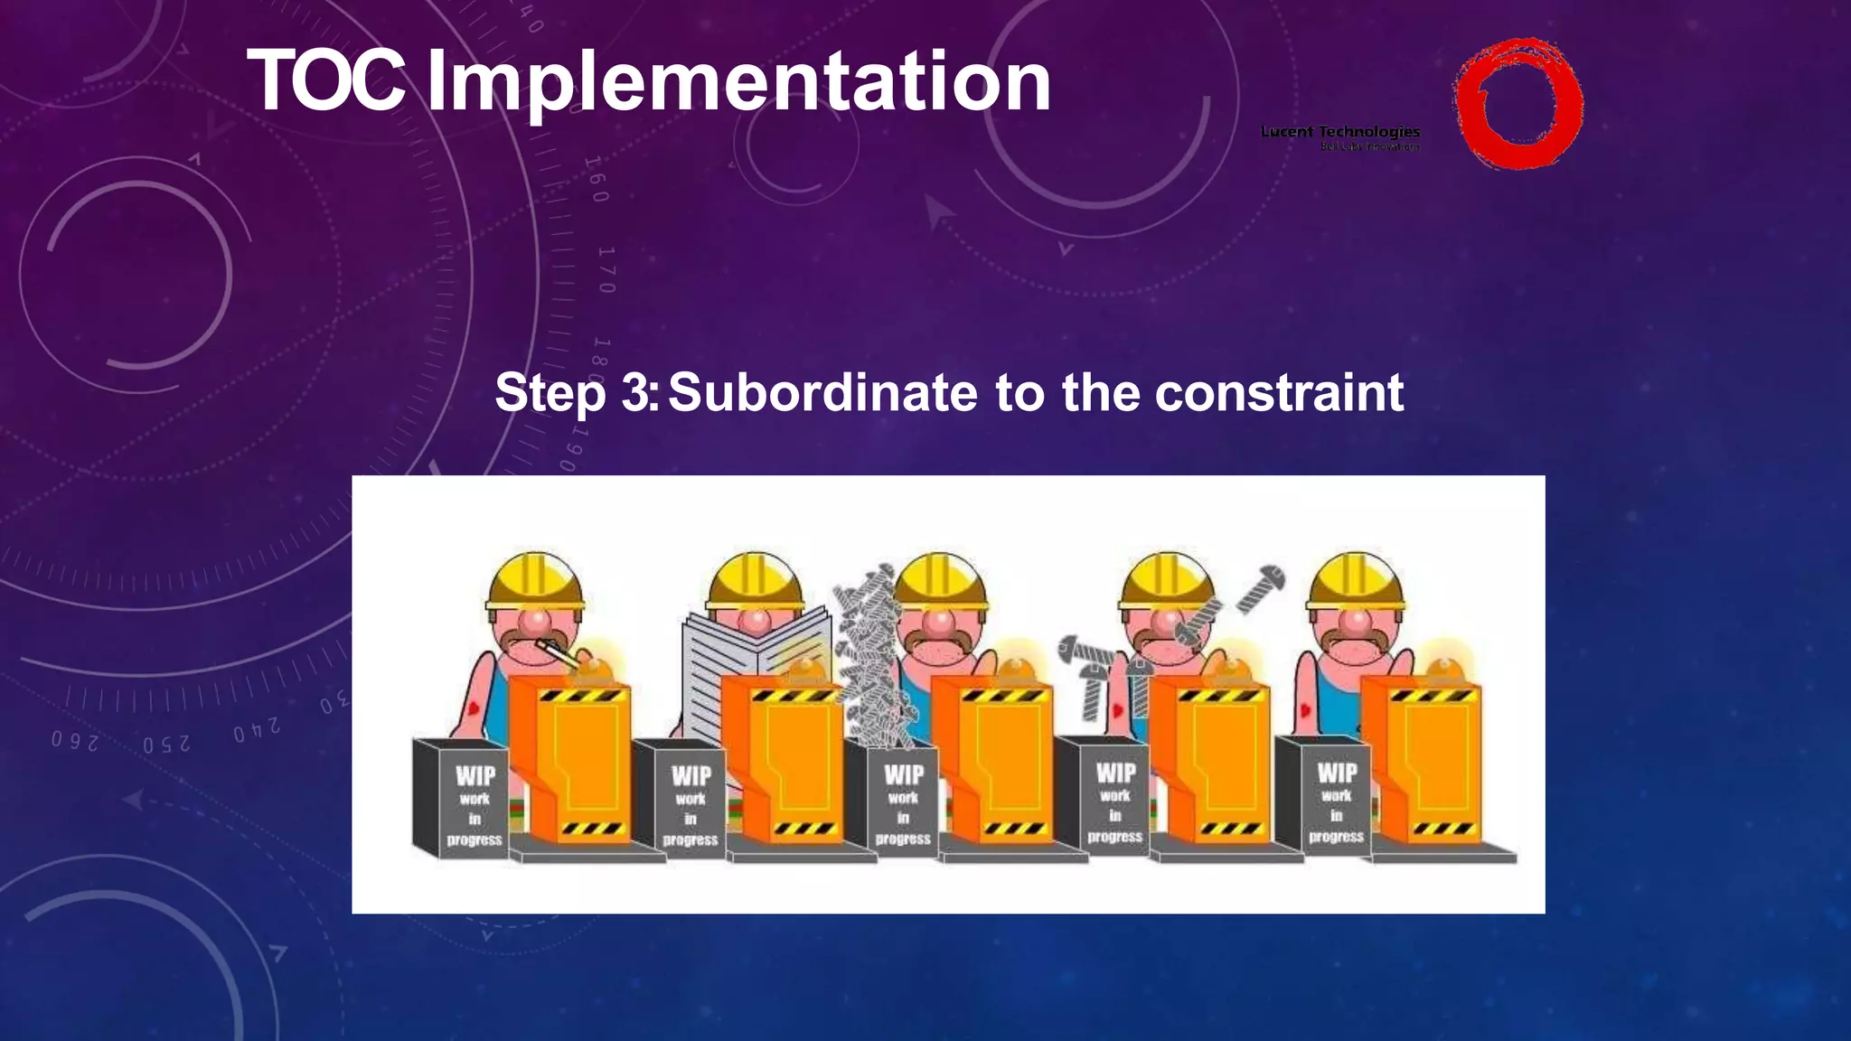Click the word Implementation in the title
pos(738,83)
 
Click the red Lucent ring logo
pos(1517,103)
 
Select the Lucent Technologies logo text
pos(1339,133)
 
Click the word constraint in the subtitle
pos(1279,393)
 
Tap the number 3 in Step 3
pos(635,393)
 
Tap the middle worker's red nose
pos(939,623)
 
